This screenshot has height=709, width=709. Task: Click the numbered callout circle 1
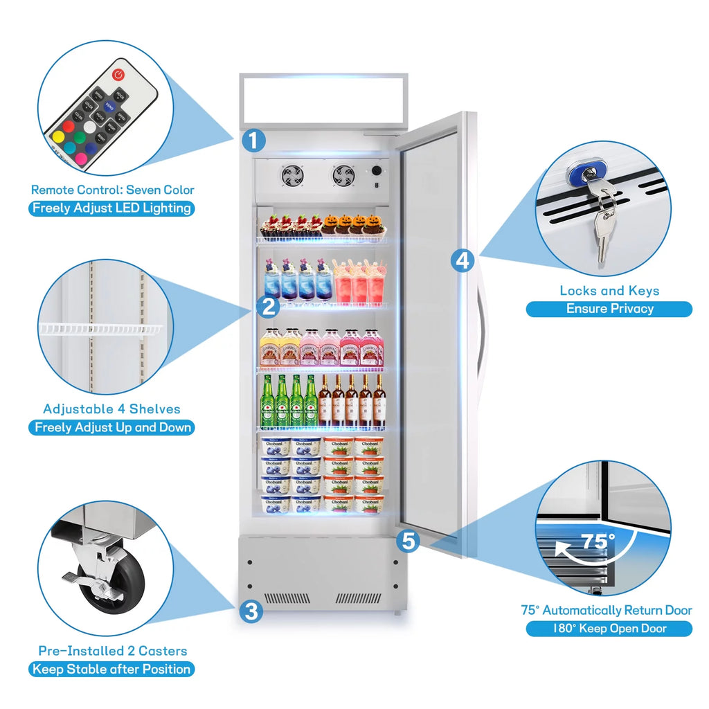click(253, 141)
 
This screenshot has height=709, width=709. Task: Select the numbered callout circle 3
click(251, 611)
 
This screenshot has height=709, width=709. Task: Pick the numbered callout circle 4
click(463, 260)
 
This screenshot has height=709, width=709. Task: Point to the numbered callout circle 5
click(409, 541)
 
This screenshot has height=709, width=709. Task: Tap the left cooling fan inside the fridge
click(291, 175)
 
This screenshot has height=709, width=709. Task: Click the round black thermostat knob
click(377, 170)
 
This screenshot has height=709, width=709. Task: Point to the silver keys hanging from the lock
click(604, 225)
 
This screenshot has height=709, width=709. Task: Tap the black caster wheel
click(114, 584)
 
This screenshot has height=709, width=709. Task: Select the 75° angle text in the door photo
click(597, 541)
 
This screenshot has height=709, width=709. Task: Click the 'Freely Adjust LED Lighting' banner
click(111, 208)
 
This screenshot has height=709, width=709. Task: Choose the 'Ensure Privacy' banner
click(609, 309)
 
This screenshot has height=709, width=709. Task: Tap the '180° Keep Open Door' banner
click(609, 629)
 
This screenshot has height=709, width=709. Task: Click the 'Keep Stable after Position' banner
click(111, 669)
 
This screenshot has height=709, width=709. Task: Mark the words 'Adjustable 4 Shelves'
click(111, 409)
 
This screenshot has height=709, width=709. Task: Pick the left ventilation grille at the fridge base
click(287, 598)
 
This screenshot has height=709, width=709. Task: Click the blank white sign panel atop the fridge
click(323, 99)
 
